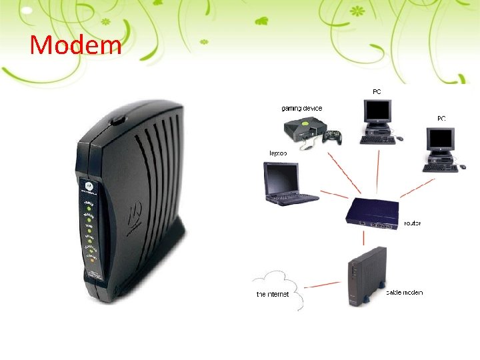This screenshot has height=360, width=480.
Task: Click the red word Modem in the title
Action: coord(76,45)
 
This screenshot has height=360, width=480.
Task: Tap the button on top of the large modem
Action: coord(119,121)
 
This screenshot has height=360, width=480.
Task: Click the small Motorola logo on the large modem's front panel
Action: coord(87,182)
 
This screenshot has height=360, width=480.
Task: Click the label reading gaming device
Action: coord(301,108)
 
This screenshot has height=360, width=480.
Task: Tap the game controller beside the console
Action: coord(332,137)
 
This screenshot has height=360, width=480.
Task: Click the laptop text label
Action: coord(278,153)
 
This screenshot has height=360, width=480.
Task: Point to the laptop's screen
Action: coord(282,179)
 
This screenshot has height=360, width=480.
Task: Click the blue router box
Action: coord(372,213)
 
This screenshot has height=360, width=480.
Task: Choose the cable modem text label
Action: coord(405,292)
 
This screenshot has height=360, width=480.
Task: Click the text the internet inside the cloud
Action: coord(273,294)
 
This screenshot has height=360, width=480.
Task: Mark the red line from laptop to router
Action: coord(333,194)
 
